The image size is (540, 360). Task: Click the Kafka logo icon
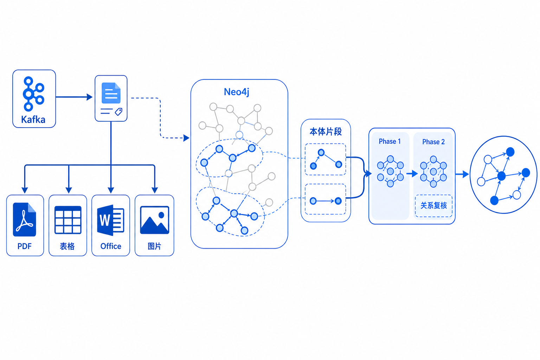tap(33, 94)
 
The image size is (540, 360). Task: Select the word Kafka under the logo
tap(33, 120)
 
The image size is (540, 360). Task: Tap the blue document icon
tap(111, 93)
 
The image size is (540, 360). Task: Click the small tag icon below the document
tap(118, 112)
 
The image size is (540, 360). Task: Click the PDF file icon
tap(25, 219)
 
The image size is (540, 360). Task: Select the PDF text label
tap(25, 246)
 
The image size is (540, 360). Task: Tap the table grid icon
tap(68, 220)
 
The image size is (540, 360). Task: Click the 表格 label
tap(67, 246)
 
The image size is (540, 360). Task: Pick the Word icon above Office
tap(111, 220)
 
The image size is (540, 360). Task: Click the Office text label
tap(111, 246)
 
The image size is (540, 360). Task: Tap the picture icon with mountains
tap(155, 220)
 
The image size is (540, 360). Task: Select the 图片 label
tap(155, 246)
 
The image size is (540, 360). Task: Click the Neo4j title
tap(237, 92)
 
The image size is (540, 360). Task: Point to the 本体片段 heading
tap(326, 131)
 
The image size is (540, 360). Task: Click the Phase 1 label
tap(390, 141)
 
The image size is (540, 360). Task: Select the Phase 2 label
tap(433, 142)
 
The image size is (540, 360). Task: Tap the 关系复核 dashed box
tap(434, 206)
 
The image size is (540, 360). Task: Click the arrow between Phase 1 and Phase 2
tap(412, 173)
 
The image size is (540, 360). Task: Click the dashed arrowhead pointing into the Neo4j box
tap(186, 138)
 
